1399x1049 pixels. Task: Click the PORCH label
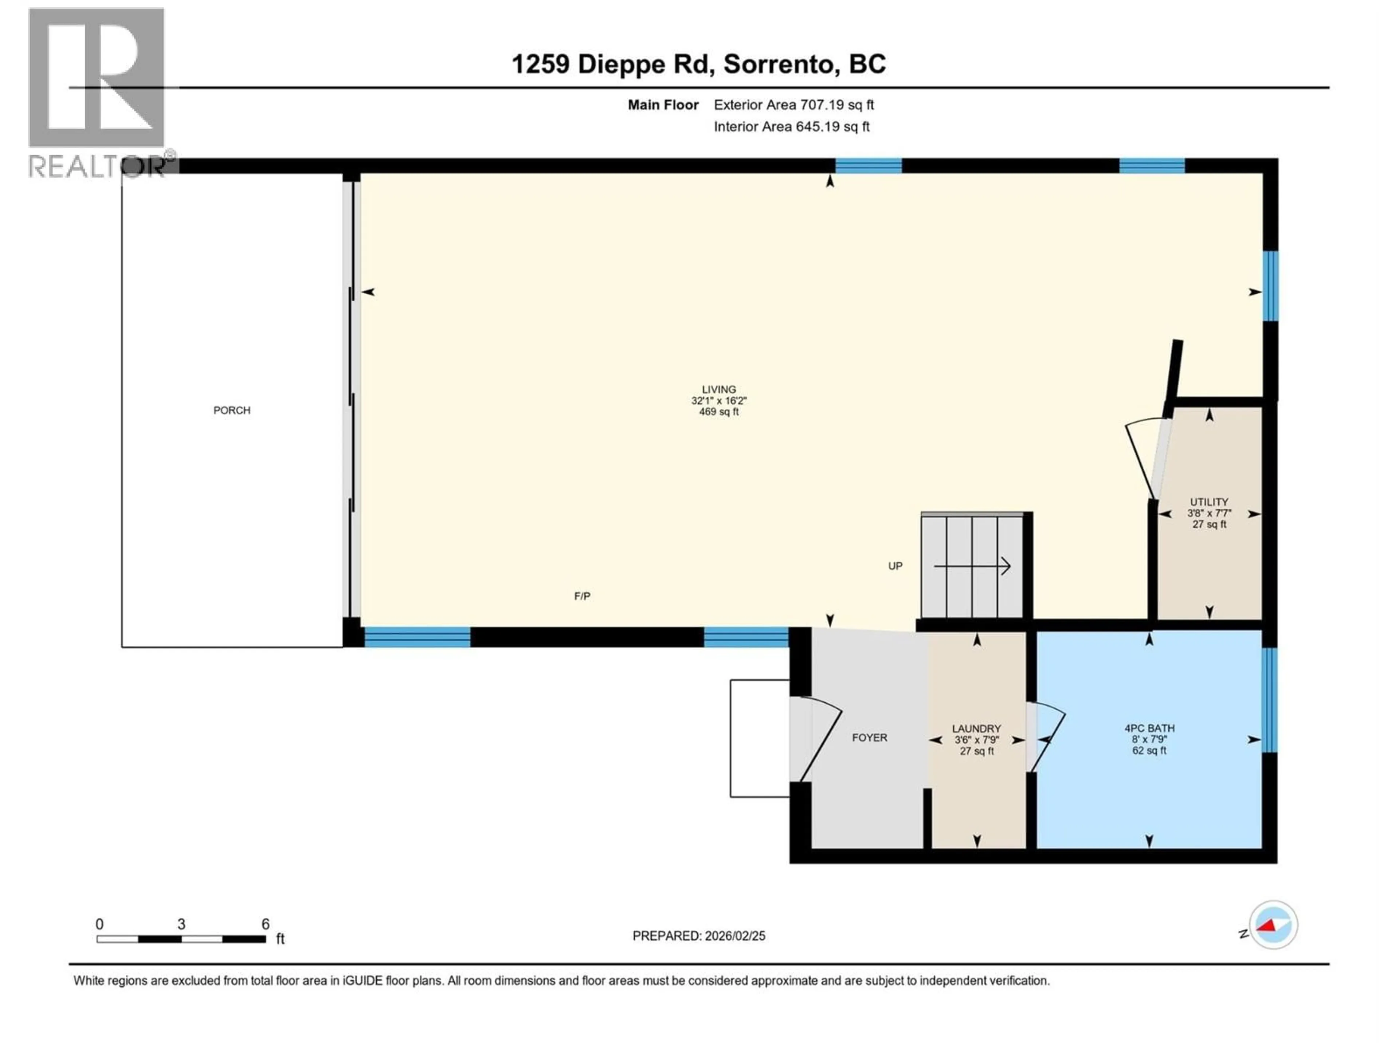tap(231, 410)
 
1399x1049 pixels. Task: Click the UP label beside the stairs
tap(895, 566)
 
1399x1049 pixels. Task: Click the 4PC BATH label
tap(1149, 728)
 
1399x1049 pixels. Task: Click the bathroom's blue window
tap(1269, 700)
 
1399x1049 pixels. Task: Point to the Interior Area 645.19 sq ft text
tap(791, 126)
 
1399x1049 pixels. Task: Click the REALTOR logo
tap(98, 92)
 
